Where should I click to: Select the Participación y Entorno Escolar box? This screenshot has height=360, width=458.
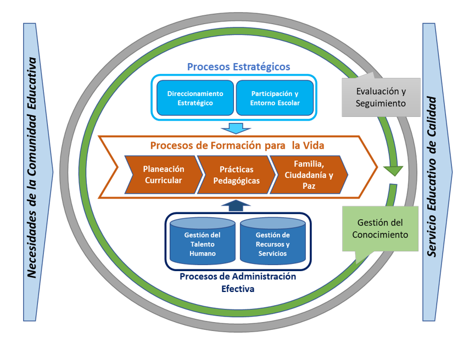tap(275, 98)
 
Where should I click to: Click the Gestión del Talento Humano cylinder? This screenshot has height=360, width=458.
tap(202, 242)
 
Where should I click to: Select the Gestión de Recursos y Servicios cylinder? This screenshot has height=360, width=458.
tap(271, 242)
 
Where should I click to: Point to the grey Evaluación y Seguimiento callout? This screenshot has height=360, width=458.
tap(381, 97)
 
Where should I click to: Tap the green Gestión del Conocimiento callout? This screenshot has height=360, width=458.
tap(380, 229)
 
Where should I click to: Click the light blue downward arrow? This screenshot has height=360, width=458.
tap(235, 128)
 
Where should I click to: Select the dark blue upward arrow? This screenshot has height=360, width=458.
tap(235, 205)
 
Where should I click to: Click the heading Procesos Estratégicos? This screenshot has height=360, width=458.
tap(238, 66)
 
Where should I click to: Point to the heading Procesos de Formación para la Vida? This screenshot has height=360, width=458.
tap(237, 145)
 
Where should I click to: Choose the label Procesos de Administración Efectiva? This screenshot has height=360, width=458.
tap(237, 282)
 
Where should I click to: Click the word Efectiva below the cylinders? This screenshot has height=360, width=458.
tap(237, 288)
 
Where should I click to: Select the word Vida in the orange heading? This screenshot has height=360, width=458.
tap(315, 145)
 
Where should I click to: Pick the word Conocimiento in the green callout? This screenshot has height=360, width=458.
tap(380, 234)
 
